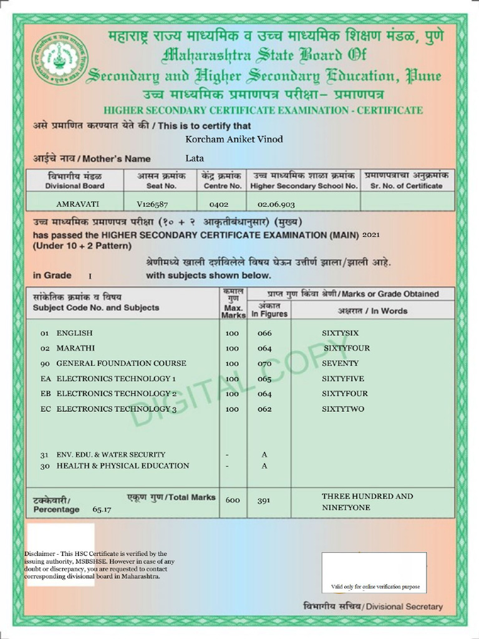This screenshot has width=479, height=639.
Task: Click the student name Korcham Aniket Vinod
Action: click(x=234, y=139)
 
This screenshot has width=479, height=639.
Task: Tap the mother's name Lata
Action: click(x=195, y=159)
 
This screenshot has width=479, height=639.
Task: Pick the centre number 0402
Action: click(x=219, y=204)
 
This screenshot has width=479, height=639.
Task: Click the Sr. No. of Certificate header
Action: click(x=406, y=181)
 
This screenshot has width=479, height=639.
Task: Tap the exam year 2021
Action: click(x=370, y=235)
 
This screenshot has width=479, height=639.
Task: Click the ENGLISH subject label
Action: click(x=74, y=333)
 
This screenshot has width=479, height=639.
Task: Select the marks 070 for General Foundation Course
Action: click(x=264, y=363)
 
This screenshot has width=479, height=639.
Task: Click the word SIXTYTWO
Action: click(x=343, y=409)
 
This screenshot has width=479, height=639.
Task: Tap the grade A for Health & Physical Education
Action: click(x=264, y=466)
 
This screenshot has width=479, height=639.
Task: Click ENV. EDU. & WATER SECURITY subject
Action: click(x=111, y=455)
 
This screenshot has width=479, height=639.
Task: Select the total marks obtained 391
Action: click(x=264, y=500)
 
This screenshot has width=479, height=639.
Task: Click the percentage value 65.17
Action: click(x=102, y=510)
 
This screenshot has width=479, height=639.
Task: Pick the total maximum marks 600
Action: click(x=233, y=500)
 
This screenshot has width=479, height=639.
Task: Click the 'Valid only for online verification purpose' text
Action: click(x=375, y=587)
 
